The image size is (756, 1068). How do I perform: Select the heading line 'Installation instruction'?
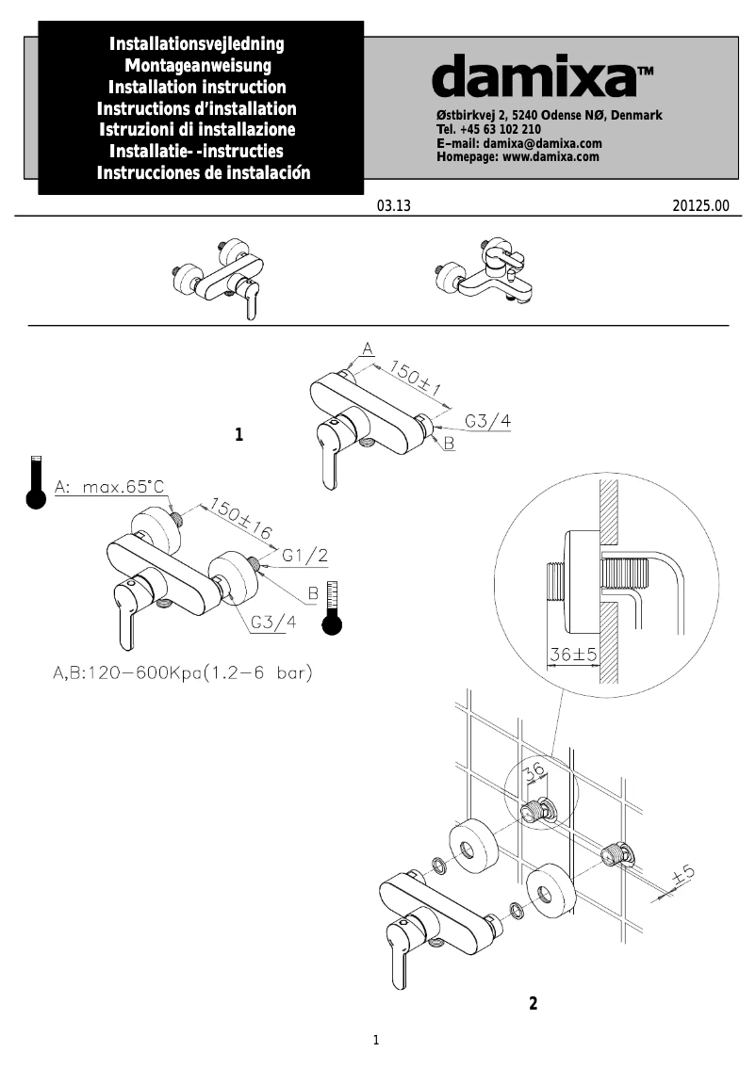(x=198, y=88)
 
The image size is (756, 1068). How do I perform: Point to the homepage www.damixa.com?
(x=518, y=156)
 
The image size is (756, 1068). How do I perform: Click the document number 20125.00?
(x=701, y=206)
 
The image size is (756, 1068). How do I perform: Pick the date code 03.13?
(x=393, y=206)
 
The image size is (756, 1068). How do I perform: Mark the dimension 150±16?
(x=240, y=518)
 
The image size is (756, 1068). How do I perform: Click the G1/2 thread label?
(x=304, y=556)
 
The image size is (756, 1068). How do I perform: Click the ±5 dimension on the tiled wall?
(x=682, y=878)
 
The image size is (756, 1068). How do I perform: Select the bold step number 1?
(x=239, y=435)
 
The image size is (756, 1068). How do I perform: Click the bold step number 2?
(x=533, y=1003)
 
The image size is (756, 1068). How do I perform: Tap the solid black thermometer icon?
(x=36, y=483)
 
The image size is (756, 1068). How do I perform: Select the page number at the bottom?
(x=376, y=1040)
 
